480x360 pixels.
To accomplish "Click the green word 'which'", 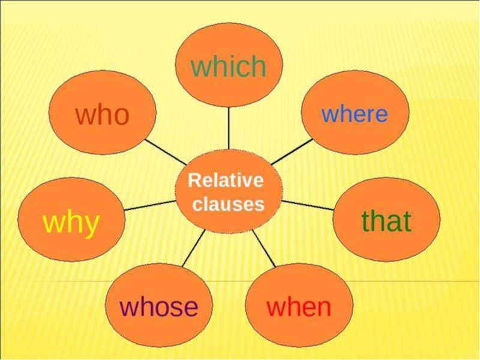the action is (x=229, y=66).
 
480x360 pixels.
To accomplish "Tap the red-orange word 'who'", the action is (x=102, y=114).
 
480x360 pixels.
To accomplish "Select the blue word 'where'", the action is (x=355, y=113).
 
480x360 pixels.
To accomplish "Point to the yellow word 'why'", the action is (x=71, y=223).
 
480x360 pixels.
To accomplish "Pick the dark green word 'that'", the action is (x=386, y=221).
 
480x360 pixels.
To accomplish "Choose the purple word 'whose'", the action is (x=159, y=307).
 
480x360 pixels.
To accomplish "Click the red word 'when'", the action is (x=299, y=307).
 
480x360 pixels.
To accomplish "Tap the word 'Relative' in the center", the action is (x=226, y=180).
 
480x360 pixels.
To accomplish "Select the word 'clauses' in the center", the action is (x=229, y=205).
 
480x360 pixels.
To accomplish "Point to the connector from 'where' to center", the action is (x=292, y=151).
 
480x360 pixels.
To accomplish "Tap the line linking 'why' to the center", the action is (x=150, y=205).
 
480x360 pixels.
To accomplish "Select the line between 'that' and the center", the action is (x=307, y=205).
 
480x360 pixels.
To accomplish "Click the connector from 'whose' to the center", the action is (x=193, y=248).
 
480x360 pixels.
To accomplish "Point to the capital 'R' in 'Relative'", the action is (x=193, y=180).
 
